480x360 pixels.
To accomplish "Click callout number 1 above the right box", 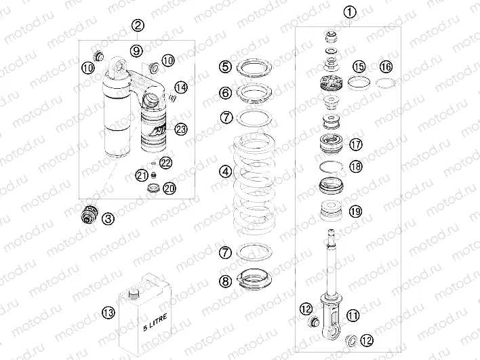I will pos(349,12).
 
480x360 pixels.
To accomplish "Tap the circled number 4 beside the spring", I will pos(225,172).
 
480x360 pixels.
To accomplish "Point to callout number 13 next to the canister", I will pos(107,312).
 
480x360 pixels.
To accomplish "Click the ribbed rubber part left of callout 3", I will pos(87,214).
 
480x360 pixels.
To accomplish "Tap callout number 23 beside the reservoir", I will pos(180,129).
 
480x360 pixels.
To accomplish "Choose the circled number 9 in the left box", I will pos(136,51).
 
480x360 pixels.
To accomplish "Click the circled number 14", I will pos(180,87).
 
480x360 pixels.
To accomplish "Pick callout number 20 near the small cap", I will pos(169,188).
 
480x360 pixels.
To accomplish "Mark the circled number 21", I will pos(140,175).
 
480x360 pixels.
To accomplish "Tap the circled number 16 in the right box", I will pos(385,66).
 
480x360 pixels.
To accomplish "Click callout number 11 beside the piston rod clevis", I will pos(352,315).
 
